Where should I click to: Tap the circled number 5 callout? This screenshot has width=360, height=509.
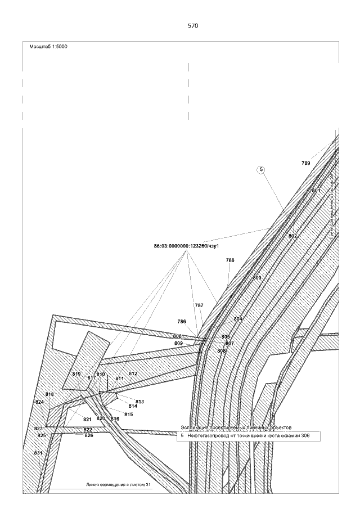tap(262, 169)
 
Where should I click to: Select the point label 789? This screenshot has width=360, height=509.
tap(305, 163)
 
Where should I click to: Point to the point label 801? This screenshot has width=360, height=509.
tap(316, 191)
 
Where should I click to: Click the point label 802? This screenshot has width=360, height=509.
tap(292, 236)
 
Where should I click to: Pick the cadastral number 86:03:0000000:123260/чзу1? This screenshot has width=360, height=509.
tap(186, 246)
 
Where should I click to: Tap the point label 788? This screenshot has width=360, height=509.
tap(230, 260)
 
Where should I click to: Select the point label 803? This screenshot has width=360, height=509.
tap(257, 278)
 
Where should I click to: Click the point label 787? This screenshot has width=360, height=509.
tap(199, 305)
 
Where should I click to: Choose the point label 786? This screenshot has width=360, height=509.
tap(182, 322)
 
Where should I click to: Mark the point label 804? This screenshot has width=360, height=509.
tap(238, 319)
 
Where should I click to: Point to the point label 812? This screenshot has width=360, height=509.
tap(133, 373)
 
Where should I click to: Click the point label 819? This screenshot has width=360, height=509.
tap(77, 374)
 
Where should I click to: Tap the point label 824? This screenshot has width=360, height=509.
tap(39, 402)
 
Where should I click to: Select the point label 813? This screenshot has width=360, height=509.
tap(140, 402)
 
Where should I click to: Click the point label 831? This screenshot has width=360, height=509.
tap(38, 453)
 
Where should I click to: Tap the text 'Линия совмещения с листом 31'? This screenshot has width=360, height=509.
tap(119, 484)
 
